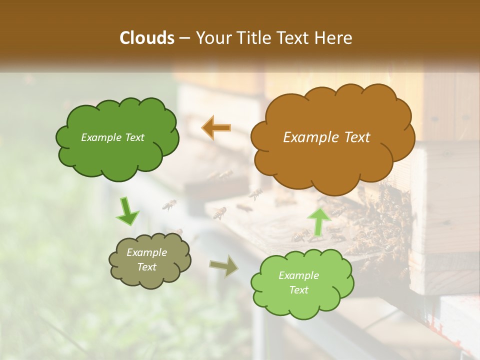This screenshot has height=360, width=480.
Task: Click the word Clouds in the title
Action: [147, 38]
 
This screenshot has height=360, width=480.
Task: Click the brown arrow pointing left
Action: [216, 127]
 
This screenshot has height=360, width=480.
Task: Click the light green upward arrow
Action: [318, 221]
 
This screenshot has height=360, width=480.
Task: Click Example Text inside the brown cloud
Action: [326, 137]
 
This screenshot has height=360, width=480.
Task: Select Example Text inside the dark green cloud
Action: [112, 137]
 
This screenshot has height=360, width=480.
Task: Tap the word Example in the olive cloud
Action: [146, 252]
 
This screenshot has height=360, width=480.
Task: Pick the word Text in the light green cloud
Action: [298, 290]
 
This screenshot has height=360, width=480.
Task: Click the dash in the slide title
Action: [184, 38]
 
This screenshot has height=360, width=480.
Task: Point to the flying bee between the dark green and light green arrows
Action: [169, 204]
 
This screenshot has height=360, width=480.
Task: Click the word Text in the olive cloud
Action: [146, 267]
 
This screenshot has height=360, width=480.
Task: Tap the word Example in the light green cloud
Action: [298, 275]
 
